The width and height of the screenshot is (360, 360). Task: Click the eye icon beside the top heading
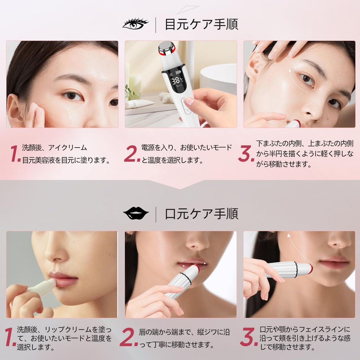tap(135, 24)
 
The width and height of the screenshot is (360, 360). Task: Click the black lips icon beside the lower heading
tap(136, 213)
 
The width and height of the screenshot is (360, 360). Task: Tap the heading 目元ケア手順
tap(201, 24)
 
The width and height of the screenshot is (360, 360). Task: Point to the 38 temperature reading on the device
tap(176, 81)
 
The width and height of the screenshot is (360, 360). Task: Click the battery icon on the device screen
tap(178, 73)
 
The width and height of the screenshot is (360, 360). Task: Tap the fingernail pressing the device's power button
tap(189, 101)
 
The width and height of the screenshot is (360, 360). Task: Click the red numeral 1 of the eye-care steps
tap(15, 153)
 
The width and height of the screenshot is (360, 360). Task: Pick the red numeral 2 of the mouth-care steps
tap(129, 337)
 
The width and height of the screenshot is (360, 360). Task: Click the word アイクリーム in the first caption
tap(67, 148)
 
